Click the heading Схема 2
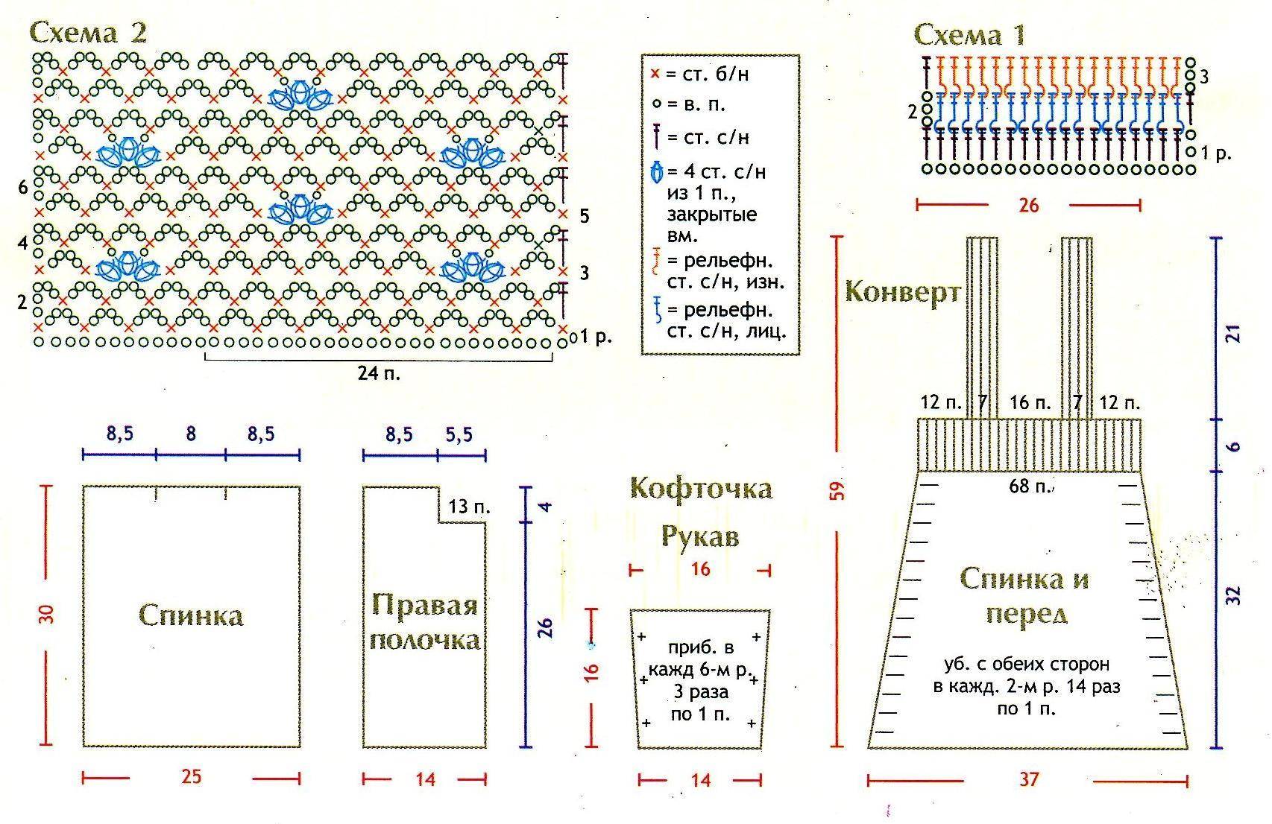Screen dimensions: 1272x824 coord(88,32)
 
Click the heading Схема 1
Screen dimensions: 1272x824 coord(970,34)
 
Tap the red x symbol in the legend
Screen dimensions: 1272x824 coord(655,74)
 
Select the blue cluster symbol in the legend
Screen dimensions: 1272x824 coord(656,172)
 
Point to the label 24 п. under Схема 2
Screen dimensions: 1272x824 coord(379,373)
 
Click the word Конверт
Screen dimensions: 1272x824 coord(903,292)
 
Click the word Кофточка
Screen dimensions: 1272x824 coord(701,489)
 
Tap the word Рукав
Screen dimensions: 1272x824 coord(700,536)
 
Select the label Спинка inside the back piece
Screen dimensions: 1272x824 coord(192,615)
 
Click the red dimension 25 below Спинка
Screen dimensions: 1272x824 coord(192,777)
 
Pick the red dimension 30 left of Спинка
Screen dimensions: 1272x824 coord(46,615)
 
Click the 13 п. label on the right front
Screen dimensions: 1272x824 coord(469,506)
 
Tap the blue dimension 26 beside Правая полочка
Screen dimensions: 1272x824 coord(544,627)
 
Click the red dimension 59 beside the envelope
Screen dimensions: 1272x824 coord(837,491)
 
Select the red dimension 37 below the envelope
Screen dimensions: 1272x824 coord(1029,779)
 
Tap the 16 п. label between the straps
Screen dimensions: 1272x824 coord(1030,403)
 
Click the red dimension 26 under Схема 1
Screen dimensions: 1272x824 coord(1028,205)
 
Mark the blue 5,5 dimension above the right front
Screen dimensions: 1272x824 coord(459,434)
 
